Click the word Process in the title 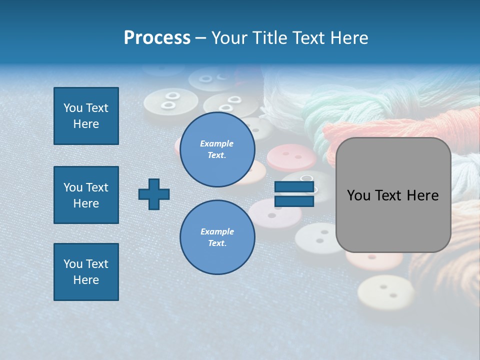[157, 38]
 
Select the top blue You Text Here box [86, 116]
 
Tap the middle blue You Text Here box [86, 195]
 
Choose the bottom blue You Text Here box [86, 272]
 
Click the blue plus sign [154, 194]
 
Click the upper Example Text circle [217, 149]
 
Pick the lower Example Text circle [217, 237]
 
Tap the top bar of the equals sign [294, 187]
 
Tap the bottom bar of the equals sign [294, 201]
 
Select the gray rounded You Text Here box [393, 195]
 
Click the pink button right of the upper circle [291, 157]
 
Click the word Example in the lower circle [217, 231]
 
